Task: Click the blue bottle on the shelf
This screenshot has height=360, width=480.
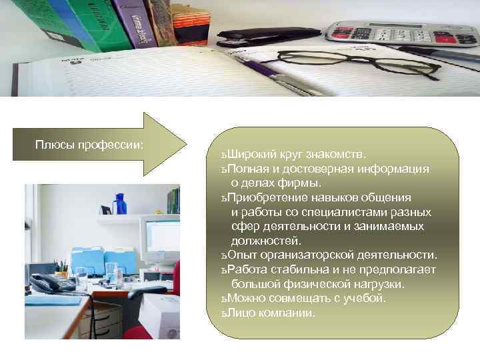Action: pos(120,203)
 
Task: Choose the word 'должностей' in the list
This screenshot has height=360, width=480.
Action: pos(265,241)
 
